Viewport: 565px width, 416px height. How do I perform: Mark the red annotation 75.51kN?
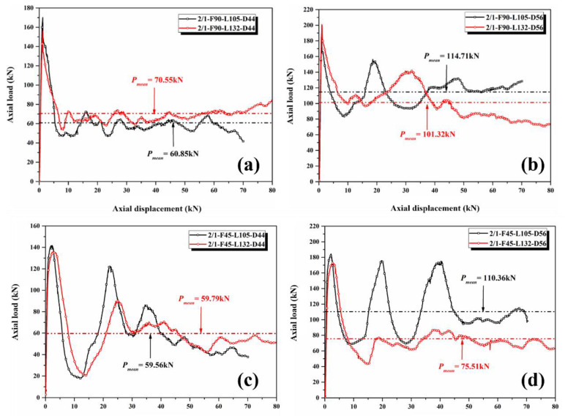pos(464,367)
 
